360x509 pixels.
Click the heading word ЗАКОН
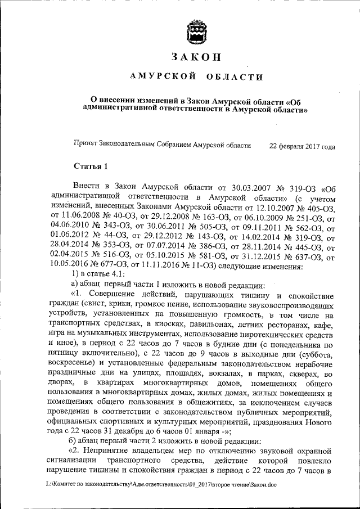[x=197, y=56]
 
